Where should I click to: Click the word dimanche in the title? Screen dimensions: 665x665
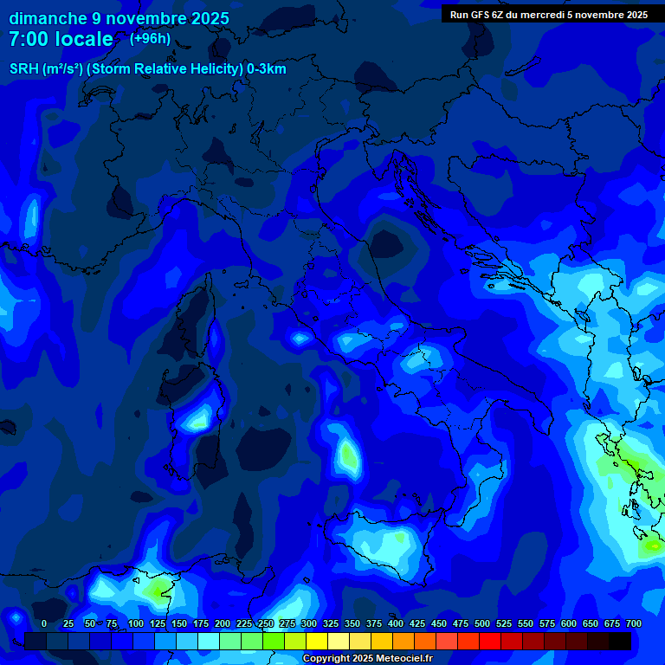[43, 18]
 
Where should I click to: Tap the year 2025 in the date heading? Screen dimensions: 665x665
[205, 18]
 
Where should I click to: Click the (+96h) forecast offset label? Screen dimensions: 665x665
[150, 38]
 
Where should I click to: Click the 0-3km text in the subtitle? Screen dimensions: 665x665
[266, 69]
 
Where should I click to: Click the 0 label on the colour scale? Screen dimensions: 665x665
[43, 623]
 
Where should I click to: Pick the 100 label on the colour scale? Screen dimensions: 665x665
[135, 623]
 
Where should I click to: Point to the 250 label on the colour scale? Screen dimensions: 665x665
[265, 623]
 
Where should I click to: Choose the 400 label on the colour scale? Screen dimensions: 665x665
[396, 623]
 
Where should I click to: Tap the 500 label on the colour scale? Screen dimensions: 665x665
[482, 623]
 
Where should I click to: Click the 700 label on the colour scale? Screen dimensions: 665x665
[634, 623]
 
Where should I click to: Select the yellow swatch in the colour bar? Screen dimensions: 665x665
[317, 641]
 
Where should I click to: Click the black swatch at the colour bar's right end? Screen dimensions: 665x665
[620, 641]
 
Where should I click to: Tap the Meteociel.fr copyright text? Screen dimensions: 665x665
[366, 659]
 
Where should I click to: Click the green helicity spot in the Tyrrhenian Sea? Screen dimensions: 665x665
[349, 454]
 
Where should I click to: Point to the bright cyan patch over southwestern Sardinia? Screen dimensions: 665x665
[197, 421]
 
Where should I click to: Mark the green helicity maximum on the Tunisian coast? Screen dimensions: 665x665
[158, 591]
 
